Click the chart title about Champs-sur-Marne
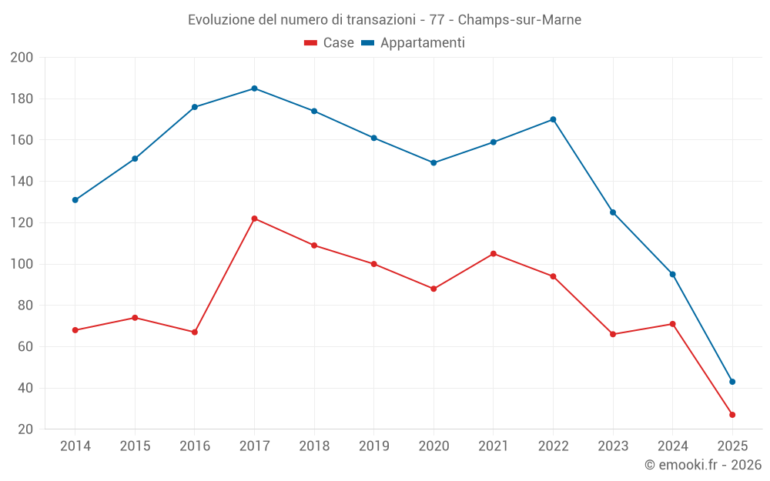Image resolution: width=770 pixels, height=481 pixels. point(384,19)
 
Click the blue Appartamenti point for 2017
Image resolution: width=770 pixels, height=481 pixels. point(254,89)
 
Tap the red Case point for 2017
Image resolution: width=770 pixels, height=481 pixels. point(254,219)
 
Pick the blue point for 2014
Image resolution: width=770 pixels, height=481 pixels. point(75,200)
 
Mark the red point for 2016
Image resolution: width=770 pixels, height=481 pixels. point(195,332)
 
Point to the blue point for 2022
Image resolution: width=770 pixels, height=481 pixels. point(553,119)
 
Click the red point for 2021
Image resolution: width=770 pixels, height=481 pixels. point(494,254)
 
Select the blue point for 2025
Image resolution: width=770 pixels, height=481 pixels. point(732,382)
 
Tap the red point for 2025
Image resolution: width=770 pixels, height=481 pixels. point(732,415)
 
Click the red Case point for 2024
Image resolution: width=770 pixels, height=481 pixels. point(672,324)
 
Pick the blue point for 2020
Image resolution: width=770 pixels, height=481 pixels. point(434,163)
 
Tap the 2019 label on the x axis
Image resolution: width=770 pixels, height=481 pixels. point(374,446)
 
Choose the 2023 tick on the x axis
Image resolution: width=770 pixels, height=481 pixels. point(613,446)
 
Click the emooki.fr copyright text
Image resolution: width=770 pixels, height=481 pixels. point(703,465)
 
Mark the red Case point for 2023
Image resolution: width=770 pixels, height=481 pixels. point(613,334)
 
